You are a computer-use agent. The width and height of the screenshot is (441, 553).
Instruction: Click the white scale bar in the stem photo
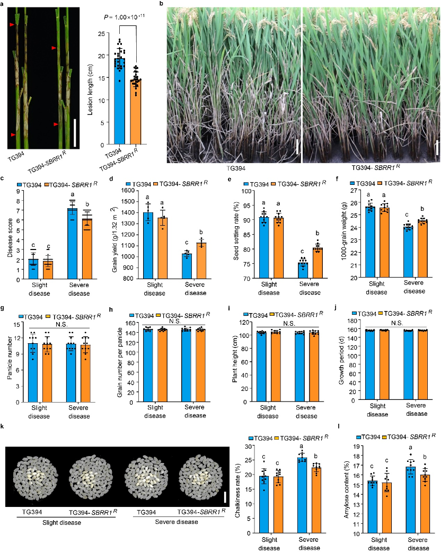[75, 132]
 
